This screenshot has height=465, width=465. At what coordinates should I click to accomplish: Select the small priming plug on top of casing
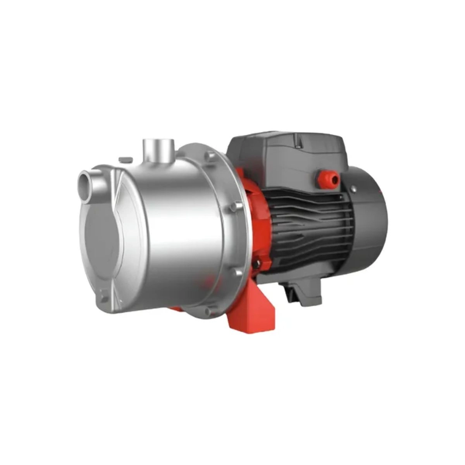coord(125,159)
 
